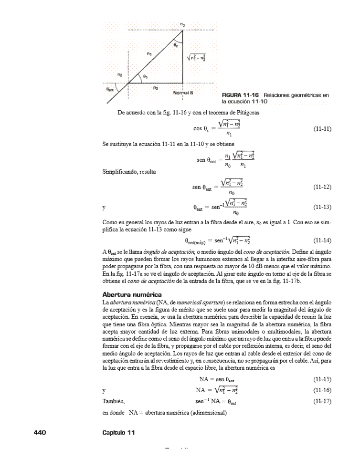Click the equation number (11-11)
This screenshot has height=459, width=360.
tap(322, 129)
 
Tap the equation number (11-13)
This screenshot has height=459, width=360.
tap(322, 208)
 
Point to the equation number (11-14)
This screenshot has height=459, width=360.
tap(322, 240)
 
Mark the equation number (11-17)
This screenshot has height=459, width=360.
tap(322, 401)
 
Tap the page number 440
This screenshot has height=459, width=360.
tap(39, 432)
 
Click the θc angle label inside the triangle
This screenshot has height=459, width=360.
tap(176, 45)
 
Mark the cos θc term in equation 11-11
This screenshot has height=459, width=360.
tap(203, 129)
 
